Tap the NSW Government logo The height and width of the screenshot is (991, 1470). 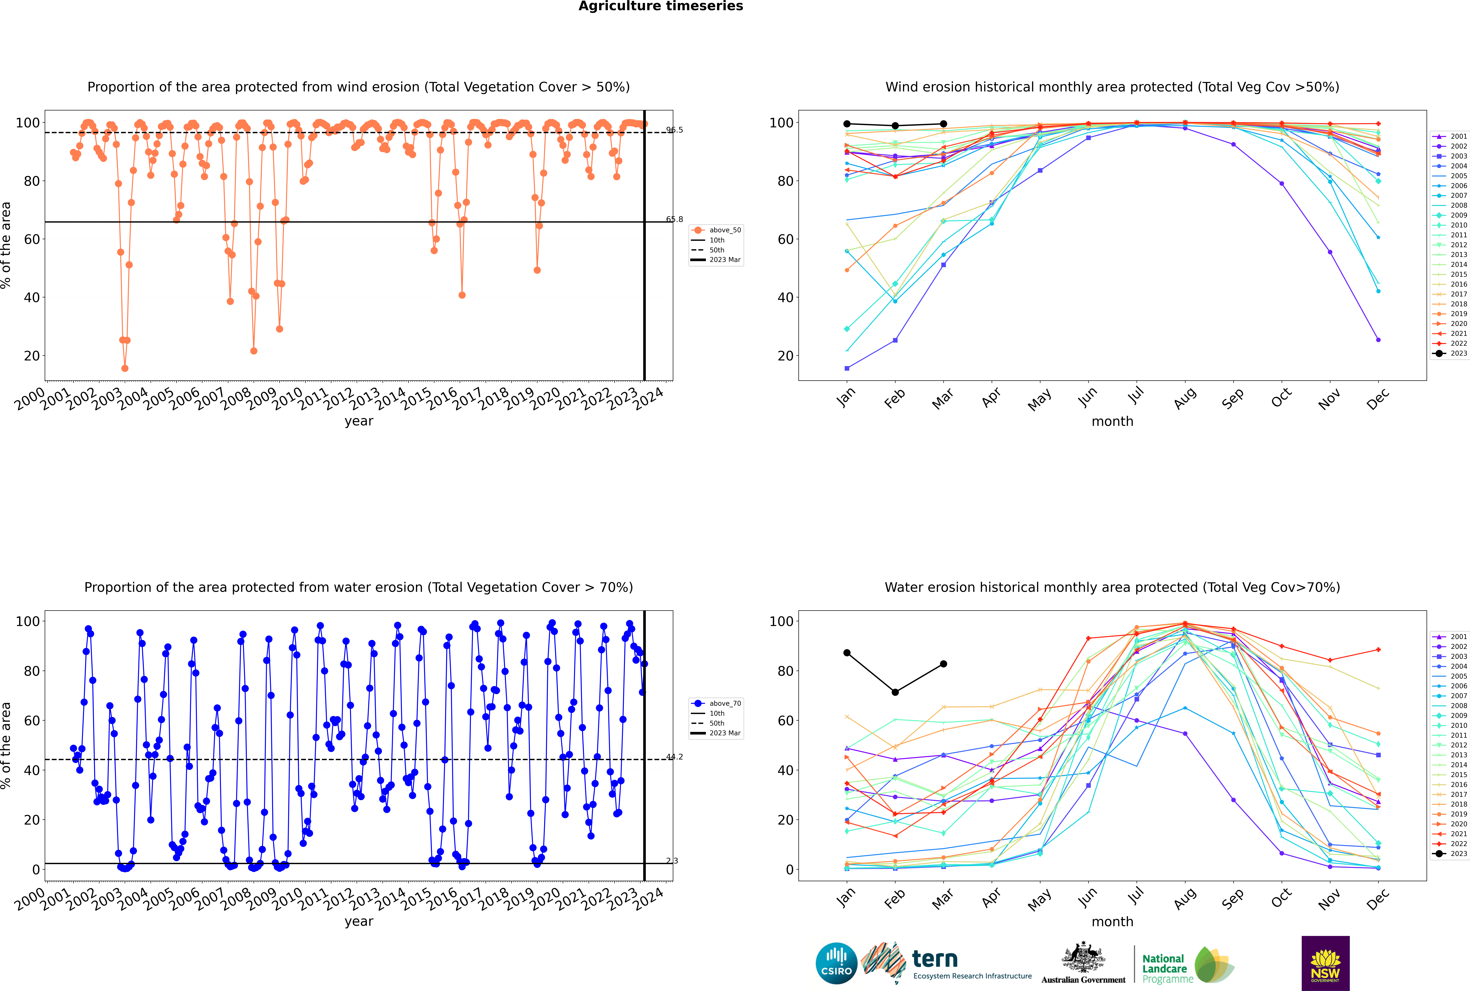coord(1325,963)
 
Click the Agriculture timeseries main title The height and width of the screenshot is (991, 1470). coord(660,6)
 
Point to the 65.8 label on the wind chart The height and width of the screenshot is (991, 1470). coord(674,219)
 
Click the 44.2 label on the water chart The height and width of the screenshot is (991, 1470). coord(674,757)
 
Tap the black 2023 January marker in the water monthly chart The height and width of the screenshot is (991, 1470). coord(847,653)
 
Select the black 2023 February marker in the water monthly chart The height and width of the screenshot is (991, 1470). coord(895,692)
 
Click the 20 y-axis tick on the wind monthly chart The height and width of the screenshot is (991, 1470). coord(785,356)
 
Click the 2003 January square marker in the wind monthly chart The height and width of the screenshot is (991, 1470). coord(847,368)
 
